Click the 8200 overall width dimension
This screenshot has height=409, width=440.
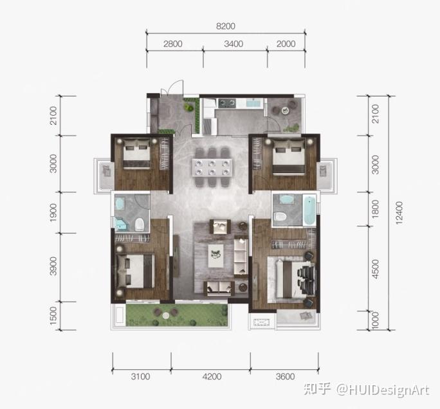[x=226, y=26]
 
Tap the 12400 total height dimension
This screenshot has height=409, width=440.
[x=399, y=213]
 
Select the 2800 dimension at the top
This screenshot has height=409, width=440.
[x=173, y=44]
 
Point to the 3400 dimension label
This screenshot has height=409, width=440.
[x=234, y=44]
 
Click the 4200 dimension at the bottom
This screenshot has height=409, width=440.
[x=212, y=376]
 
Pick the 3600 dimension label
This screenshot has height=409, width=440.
[x=285, y=376]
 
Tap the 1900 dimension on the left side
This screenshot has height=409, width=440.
[x=53, y=212]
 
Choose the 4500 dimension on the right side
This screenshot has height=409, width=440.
[x=375, y=269]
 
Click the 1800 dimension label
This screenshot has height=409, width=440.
[x=375, y=209]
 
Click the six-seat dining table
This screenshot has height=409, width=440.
[x=212, y=167]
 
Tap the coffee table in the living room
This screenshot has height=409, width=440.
[x=215, y=255]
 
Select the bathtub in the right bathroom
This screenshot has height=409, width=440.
[x=309, y=210]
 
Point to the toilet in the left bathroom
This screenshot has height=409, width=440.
[x=139, y=224]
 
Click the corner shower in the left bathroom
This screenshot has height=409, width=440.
[x=121, y=224]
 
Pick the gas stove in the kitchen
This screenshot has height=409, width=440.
[x=226, y=104]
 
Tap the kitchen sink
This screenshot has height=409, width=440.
[x=253, y=103]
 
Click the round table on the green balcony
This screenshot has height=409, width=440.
[x=166, y=315]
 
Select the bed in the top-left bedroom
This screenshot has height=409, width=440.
[x=136, y=154]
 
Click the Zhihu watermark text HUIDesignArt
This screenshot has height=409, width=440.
[x=383, y=390]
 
